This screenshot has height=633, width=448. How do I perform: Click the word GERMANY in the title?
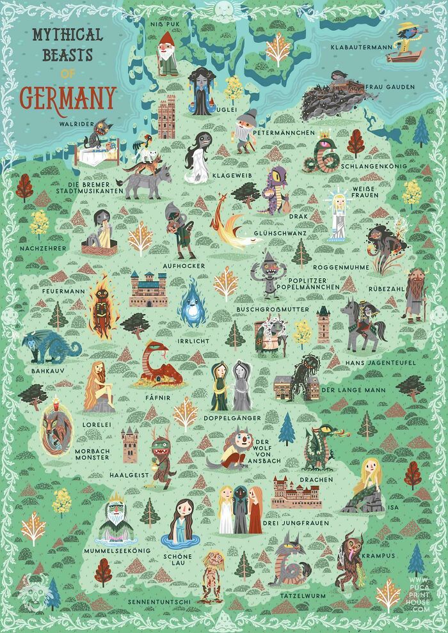[x=68, y=97]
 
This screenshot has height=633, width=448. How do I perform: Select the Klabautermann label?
[x=360, y=47]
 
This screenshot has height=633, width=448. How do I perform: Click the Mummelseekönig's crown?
[x=116, y=497]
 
